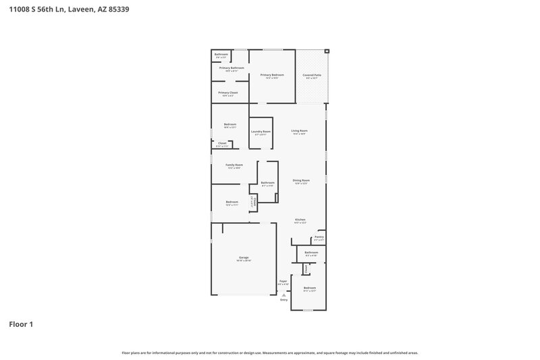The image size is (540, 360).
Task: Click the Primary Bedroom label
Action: (x=271, y=75)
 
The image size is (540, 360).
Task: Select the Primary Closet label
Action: (x=228, y=93)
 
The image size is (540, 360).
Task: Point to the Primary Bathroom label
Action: (x=232, y=68)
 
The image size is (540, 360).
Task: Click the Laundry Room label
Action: (x=261, y=131)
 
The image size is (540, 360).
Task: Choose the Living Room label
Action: (x=299, y=130)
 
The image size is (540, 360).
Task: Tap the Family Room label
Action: (x=234, y=164)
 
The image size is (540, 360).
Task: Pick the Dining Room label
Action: (x=301, y=180)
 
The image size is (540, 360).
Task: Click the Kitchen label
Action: (x=300, y=220)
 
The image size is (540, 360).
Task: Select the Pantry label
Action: (x=319, y=236)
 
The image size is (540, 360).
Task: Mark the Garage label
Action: (x=244, y=257)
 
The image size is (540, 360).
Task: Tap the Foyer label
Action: (x=283, y=281)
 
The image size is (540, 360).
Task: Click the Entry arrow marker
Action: (x=284, y=295)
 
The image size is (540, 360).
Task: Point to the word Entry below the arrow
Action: (x=284, y=300)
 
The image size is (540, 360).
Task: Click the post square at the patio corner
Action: (x=327, y=51)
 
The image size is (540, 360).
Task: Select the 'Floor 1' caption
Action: (x=21, y=324)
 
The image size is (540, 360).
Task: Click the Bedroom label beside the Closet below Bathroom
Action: (x=310, y=288)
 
